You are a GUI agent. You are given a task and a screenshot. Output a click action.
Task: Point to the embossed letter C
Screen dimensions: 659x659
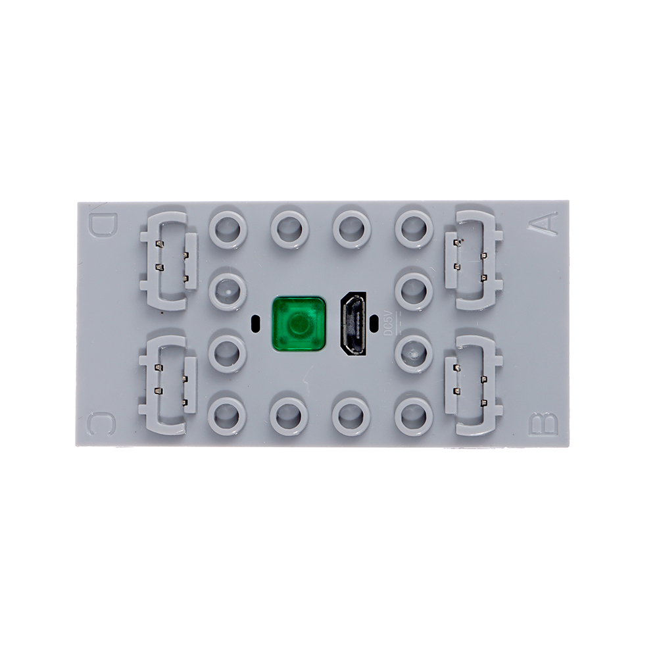click(101, 424)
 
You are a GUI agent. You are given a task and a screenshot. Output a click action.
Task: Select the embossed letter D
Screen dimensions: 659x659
click(102, 225)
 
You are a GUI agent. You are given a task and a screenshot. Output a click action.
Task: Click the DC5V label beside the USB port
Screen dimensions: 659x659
click(389, 323)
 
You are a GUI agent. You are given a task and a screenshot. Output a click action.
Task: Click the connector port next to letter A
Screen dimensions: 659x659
click(474, 260)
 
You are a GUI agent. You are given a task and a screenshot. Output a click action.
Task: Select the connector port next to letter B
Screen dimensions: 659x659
click(474, 385)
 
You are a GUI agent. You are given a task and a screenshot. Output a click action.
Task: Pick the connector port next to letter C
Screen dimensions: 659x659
click(168, 385)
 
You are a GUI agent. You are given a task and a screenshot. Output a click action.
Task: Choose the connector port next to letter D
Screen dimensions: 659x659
click(168, 260)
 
